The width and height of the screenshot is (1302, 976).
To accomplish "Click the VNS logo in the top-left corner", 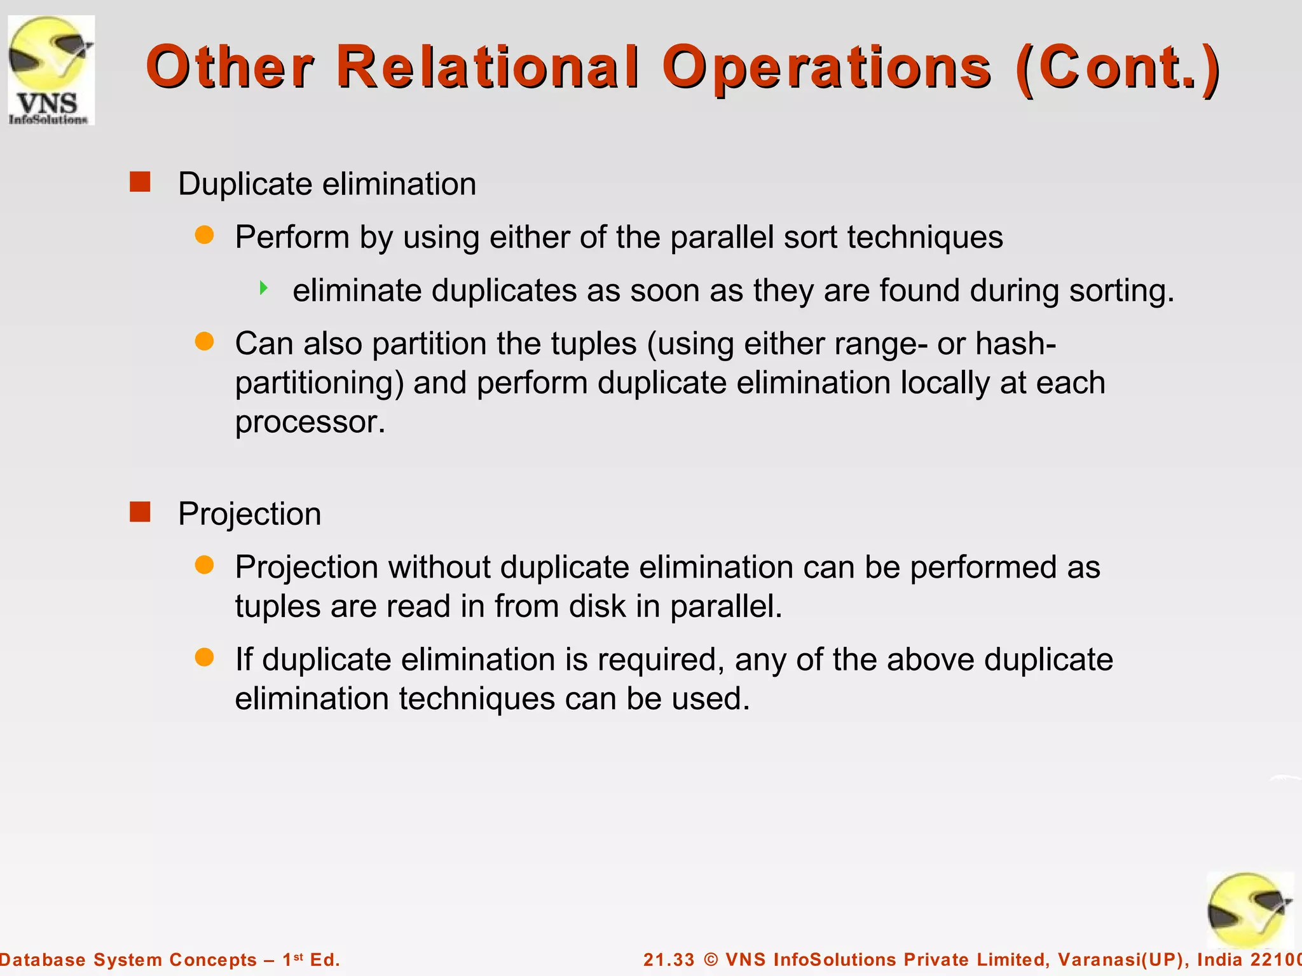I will coord(51,70).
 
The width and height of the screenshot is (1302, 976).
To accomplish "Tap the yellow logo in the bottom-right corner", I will coord(1249,910).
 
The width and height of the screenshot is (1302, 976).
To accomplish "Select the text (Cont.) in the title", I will coord(1118,67).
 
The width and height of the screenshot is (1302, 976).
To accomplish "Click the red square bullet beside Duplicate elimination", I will coord(140,182).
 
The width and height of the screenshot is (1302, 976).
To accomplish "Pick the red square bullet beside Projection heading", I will coord(140,512).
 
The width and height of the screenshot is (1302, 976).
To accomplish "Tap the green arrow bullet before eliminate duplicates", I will coord(264,288).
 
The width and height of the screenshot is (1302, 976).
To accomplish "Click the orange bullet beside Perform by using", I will coord(204,236).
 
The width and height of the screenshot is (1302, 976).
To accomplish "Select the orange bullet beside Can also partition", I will coord(204,342).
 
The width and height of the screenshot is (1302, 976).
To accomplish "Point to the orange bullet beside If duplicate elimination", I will coord(204,658).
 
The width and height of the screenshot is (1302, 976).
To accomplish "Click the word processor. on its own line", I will coord(310,423).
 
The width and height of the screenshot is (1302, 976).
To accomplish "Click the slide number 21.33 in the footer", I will coord(669,959).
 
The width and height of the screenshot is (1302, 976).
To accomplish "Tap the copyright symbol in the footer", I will coord(711,959).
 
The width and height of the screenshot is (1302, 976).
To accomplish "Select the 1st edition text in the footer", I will coord(311,959).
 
